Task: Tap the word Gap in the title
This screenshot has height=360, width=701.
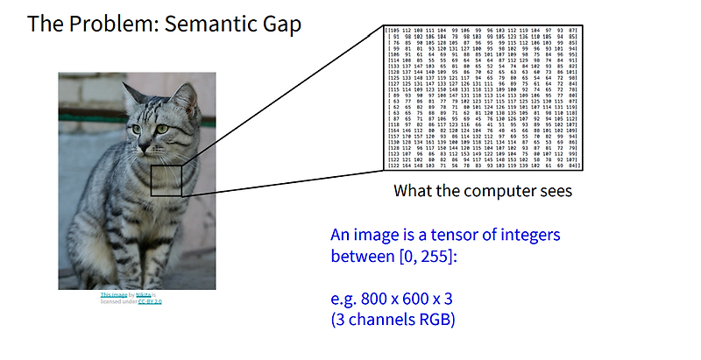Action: pyautogui.click(x=279, y=24)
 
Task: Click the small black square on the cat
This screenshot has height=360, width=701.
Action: pyautogui.click(x=166, y=181)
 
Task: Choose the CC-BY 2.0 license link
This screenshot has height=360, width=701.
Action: pyautogui.click(x=150, y=301)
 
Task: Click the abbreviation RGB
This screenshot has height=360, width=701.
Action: pyautogui.click(x=435, y=321)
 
